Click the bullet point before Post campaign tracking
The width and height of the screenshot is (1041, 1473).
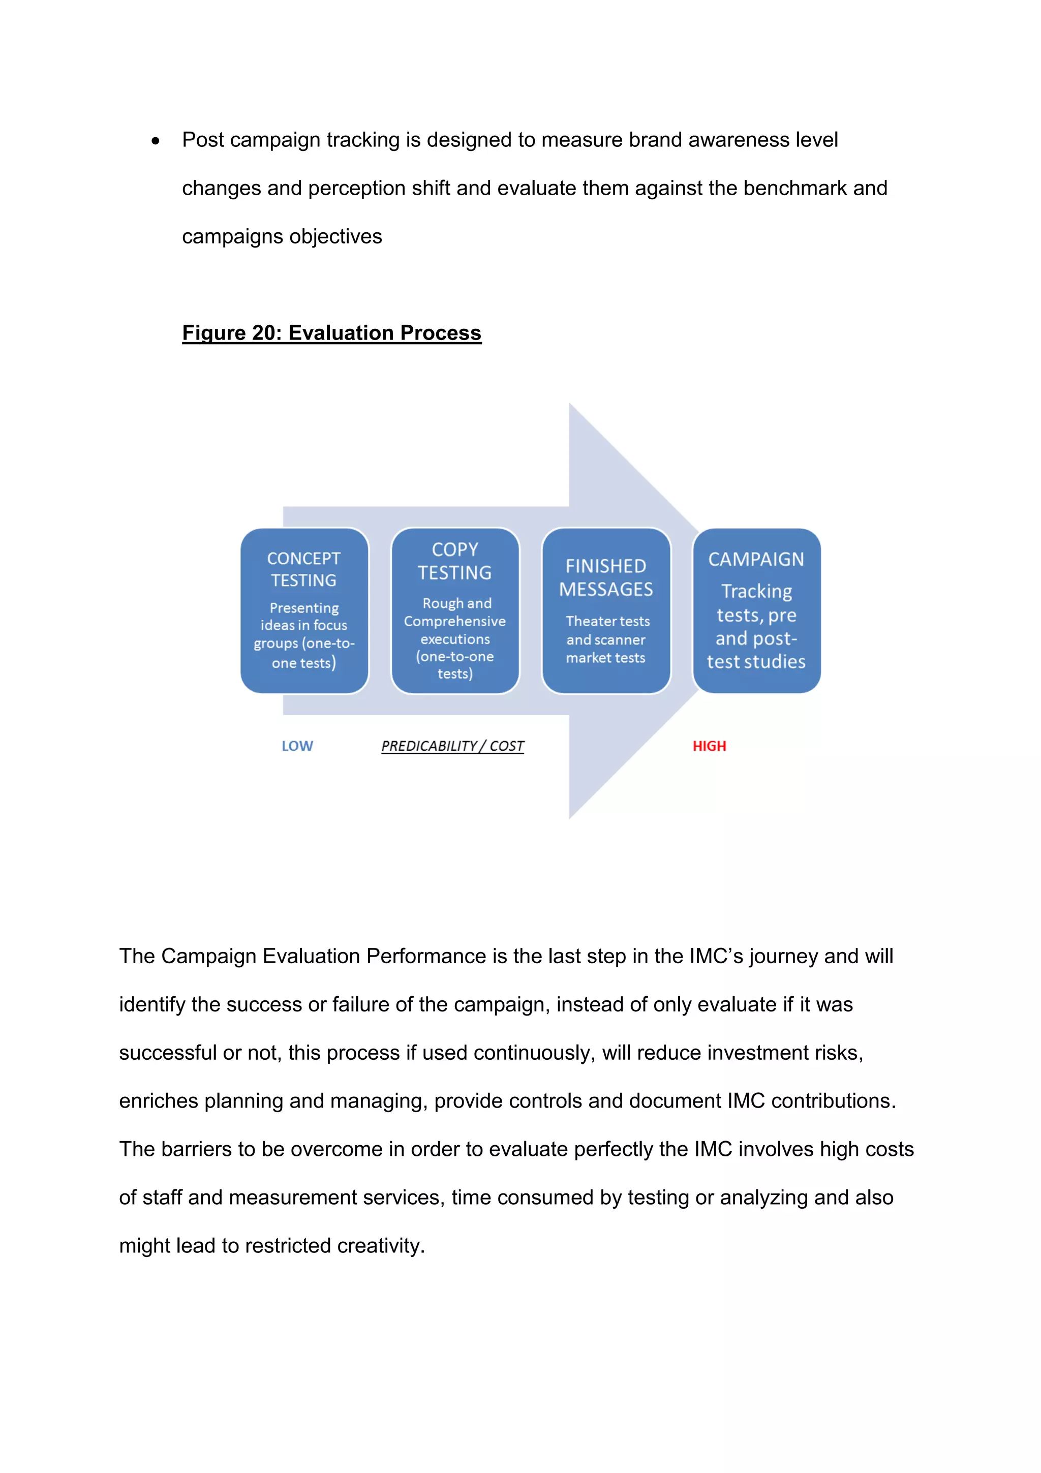(155, 141)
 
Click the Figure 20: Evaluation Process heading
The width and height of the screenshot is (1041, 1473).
(331, 333)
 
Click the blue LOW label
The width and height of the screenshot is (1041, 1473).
(297, 746)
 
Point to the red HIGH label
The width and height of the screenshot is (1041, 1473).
(709, 746)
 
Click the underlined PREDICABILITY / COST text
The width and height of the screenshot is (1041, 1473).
(452, 746)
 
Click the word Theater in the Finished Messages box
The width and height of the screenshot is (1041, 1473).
(584, 621)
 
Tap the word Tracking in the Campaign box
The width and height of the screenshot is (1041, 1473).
(756, 591)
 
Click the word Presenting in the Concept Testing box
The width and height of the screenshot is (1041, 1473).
(304, 607)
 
